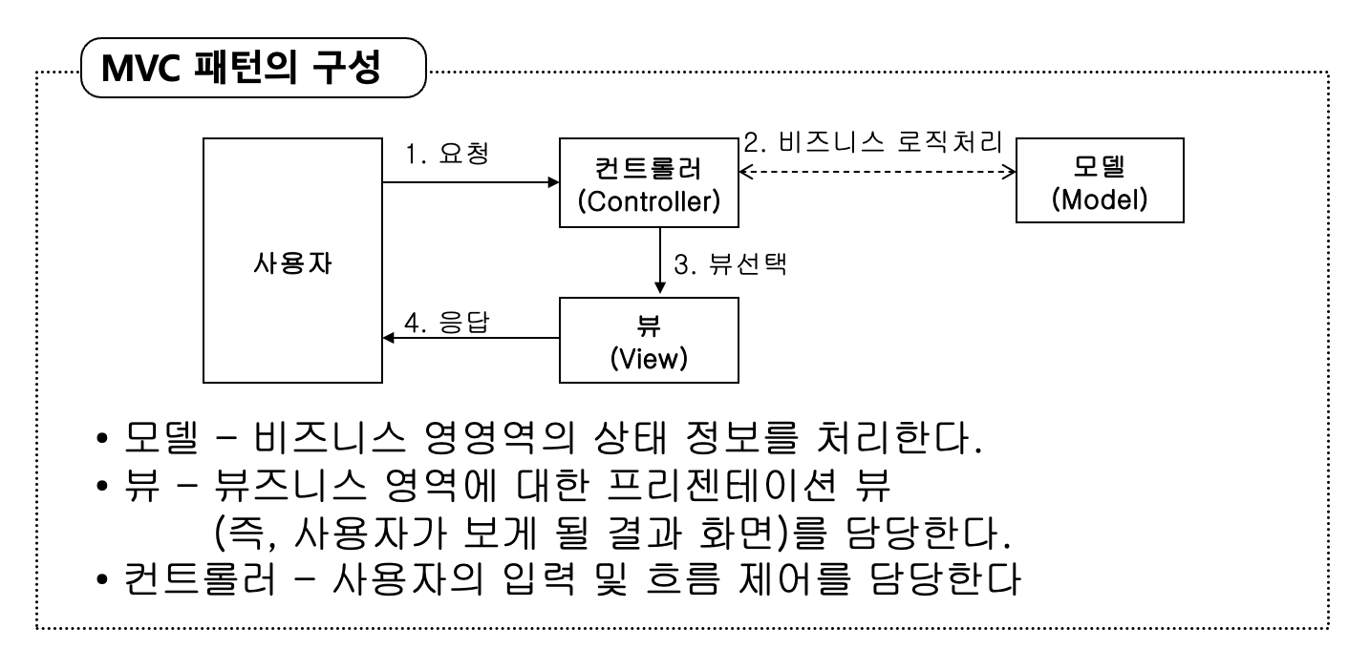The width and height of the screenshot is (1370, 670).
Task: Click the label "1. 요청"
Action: click(447, 154)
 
